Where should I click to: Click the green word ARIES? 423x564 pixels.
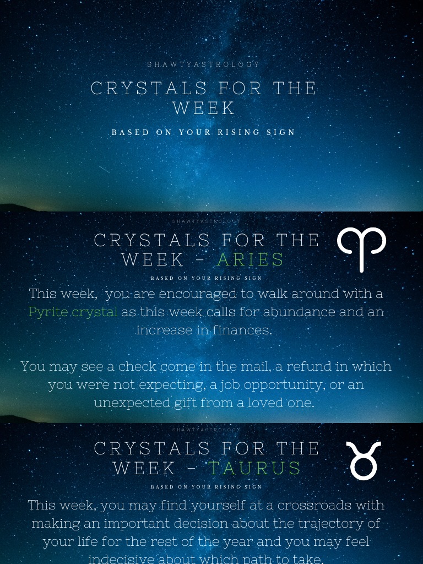[x=251, y=259]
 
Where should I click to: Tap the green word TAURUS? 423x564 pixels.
[x=255, y=468]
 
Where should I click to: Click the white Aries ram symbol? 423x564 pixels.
[x=361, y=249]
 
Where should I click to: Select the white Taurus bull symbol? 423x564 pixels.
[x=364, y=460]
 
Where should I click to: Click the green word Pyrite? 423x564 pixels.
[x=48, y=312]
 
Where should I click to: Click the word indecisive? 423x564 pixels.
[x=121, y=558]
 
